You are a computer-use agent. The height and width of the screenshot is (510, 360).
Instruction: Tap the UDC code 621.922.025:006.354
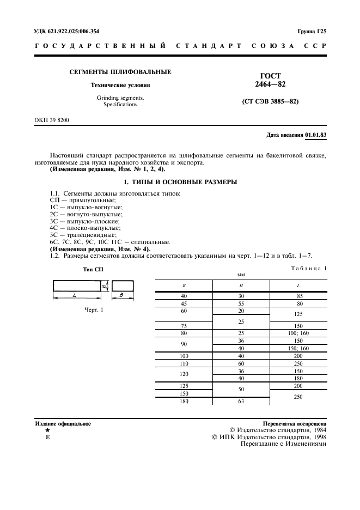coord(71,32)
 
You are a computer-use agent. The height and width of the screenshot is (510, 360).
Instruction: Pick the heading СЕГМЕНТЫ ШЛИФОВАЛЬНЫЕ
coord(120,72)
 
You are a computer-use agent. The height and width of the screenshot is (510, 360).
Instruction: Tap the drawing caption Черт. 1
coord(94,309)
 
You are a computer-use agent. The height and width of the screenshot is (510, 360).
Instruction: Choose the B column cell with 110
coord(184,363)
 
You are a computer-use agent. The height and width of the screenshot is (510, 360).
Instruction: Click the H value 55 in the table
coord(241,303)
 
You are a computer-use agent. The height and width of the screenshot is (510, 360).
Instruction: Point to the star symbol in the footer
coord(48,430)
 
